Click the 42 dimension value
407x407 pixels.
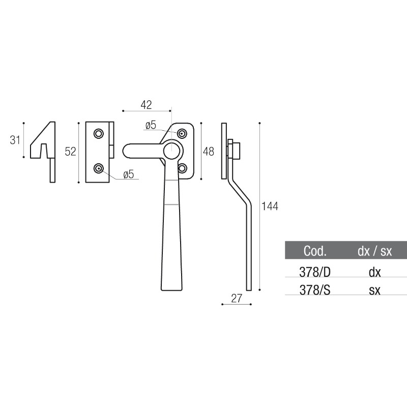click(146, 105)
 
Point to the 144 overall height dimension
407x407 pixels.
click(270, 206)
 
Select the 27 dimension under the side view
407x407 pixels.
click(237, 299)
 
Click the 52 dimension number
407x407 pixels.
click(70, 151)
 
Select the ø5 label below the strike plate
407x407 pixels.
click(128, 175)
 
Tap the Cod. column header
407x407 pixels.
click(314, 251)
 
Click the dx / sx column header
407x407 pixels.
click(374, 251)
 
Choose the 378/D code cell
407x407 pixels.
click(314, 272)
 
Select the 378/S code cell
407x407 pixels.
click(314, 289)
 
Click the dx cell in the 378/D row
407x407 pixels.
click(374, 272)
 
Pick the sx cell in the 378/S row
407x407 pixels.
click(374, 289)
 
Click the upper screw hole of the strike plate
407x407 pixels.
click(98, 133)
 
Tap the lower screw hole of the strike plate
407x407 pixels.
click(98, 168)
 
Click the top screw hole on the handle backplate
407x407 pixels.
click(182, 133)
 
